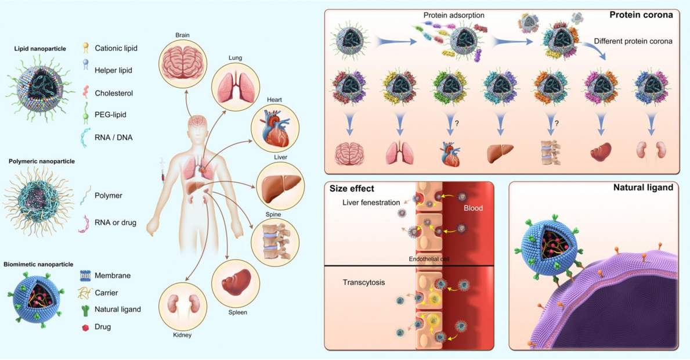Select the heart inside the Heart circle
click(x=275, y=128)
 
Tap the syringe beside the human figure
click(x=163, y=171)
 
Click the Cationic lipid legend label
click(x=116, y=48)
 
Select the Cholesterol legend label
click(x=114, y=93)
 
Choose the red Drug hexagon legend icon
click(x=85, y=327)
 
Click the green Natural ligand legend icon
click(x=85, y=309)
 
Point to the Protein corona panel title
click(x=641, y=15)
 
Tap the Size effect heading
click(x=352, y=189)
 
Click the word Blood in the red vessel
click(x=473, y=208)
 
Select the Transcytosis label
click(x=363, y=283)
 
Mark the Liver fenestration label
click(x=371, y=203)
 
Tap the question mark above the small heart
click(x=457, y=124)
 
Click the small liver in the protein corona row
click(x=500, y=154)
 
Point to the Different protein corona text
click(x=633, y=41)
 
